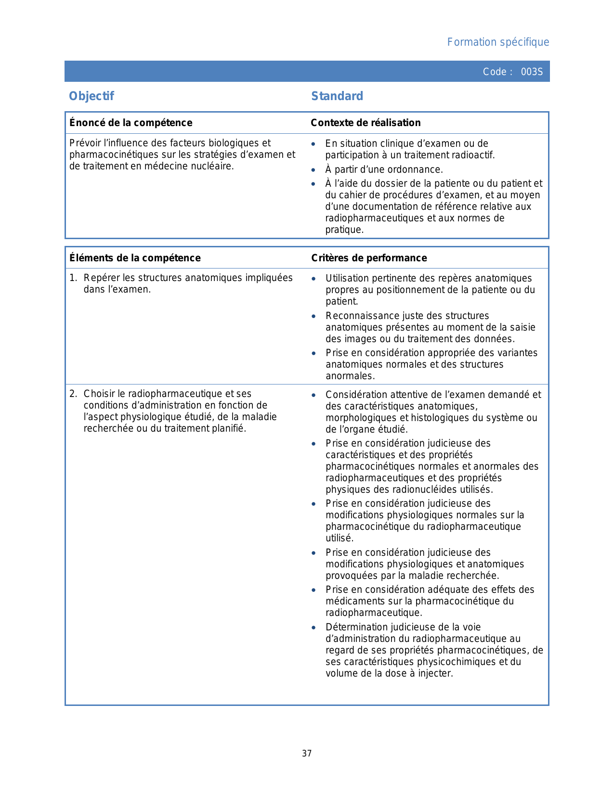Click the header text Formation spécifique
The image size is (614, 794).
[498, 42]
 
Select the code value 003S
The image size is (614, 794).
[532, 72]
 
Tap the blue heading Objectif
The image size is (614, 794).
[91, 96]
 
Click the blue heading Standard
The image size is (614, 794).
[337, 96]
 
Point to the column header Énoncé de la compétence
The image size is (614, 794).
[131, 123]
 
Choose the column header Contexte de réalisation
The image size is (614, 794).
[366, 123]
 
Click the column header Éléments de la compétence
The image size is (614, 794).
[135, 258]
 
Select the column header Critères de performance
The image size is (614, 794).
[369, 258]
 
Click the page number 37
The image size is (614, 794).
[307, 754]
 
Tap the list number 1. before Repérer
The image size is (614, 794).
[73, 278]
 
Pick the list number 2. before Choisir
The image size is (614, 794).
[73, 394]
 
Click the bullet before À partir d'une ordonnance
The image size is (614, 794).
[314, 170]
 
